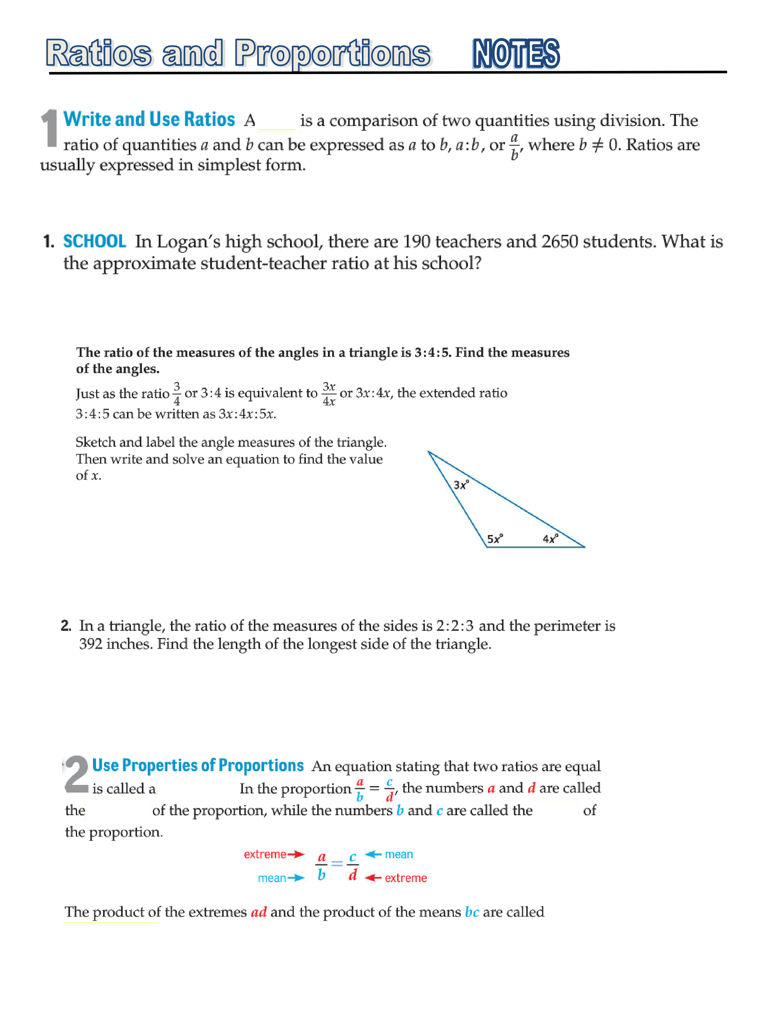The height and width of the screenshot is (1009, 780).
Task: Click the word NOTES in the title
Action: pos(516,54)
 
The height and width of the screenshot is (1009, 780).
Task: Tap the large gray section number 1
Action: pos(50,128)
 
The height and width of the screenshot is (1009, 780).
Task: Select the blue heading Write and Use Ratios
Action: pos(149,119)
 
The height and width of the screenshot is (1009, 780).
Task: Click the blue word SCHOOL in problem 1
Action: pos(94,241)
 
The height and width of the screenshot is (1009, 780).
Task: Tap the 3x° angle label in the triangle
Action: pos(461,485)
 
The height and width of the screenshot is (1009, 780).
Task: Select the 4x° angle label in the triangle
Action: pos(550,539)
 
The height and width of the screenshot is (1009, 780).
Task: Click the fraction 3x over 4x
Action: pos(329,394)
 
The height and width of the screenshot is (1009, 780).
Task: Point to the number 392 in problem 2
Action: pos(91,644)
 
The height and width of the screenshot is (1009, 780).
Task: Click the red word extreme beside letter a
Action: pos(265,854)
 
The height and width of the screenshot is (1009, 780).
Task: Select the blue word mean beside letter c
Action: pos(399,854)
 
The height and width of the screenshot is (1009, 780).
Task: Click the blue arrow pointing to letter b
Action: pos(296,878)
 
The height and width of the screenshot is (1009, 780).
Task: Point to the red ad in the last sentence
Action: pos(259,912)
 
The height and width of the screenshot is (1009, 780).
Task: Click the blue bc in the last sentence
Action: pos(472,912)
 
